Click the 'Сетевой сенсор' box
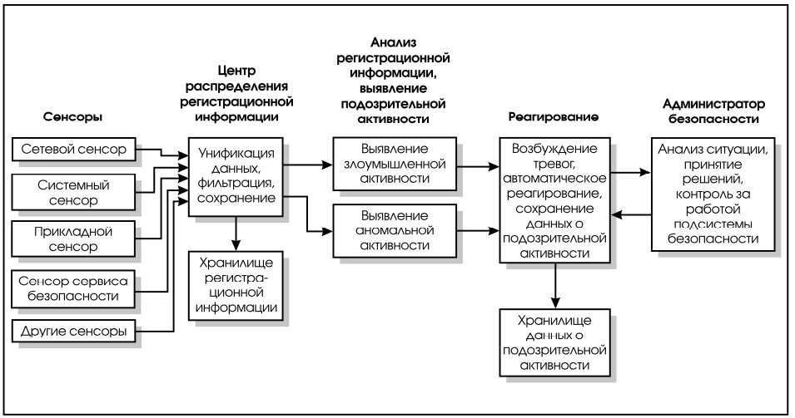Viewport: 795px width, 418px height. pyautogui.click(x=73, y=150)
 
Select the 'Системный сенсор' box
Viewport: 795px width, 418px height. pyautogui.click(x=73, y=192)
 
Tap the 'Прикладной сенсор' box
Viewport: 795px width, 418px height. pyautogui.click(x=73, y=239)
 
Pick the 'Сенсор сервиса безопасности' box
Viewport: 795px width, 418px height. pyautogui.click(x=73, y=288)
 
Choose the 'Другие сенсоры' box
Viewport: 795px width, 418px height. pyautogui.click(x=73, y=332)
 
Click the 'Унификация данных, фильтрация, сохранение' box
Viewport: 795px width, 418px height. pyautogui.click(x=236, y=177)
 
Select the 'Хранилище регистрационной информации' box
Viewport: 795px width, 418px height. pyautogui.click(x=236, y=285)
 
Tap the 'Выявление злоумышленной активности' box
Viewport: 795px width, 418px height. pyautogui.click(x=395, y=164)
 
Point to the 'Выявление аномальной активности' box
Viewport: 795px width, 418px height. pyautogui.click(x=395, y=231)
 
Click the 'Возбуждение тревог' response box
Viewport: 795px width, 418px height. pyautogui.click(x=554, y=200)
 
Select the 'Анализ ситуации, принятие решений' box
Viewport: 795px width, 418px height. pyautogui.click(x=713, y=194)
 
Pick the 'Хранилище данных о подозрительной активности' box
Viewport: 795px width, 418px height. pyautogui.click(x=554, y=342)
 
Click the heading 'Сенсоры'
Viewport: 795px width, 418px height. pyautogui.click(x=73, y=117)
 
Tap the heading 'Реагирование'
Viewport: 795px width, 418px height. pyautogui.click(x=554, y=117)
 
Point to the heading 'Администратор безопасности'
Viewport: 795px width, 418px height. pyautogui.click(x=713, y=111)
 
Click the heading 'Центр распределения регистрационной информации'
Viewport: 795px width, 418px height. pyautogui.click(x=236, y=94)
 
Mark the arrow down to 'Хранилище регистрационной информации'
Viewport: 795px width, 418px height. pyautogui.click(x=236, y=234)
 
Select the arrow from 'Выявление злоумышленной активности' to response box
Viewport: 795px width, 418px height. pyautogui.click(x=478, y=166)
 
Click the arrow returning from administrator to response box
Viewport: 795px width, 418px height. pyautogui.click(x=631, y=215)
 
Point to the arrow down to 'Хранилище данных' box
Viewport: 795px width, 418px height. pyautogui.click(x=555, y=286)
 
